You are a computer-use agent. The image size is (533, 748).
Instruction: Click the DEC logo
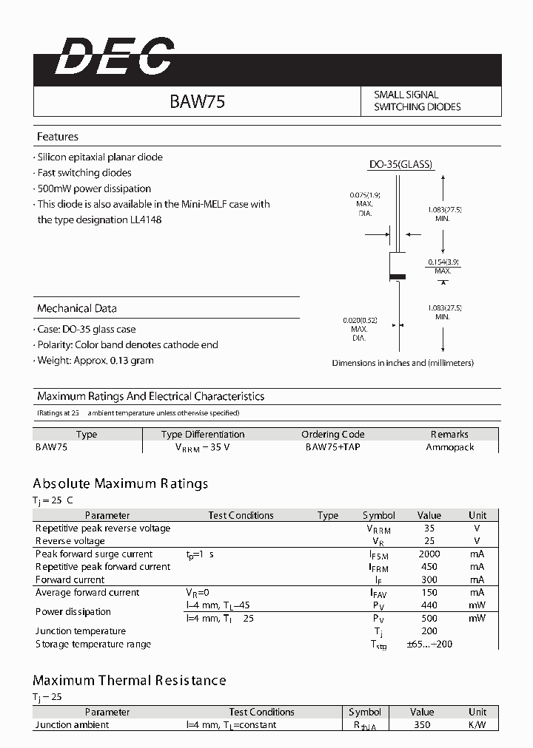coord(115,57)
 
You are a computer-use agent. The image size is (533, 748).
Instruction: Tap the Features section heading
coord(58,137)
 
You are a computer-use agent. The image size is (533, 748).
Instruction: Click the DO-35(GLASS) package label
coord(400,165)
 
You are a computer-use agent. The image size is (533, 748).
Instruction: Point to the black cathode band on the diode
coord(398,277)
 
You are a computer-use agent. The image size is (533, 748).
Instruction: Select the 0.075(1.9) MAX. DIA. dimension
coord(363,203)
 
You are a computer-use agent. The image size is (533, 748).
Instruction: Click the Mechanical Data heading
coord(77,308)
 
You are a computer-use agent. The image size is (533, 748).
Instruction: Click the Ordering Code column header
coord(332,434)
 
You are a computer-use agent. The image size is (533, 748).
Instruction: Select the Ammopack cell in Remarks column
coord(450,447)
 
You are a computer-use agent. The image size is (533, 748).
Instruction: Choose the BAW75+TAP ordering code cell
coord(332,447)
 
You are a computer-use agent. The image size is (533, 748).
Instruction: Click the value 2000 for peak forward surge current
coord(429,554)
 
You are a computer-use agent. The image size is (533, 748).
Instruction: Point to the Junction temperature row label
coord(81,630)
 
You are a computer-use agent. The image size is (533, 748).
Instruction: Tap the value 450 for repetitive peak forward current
coord(429,567)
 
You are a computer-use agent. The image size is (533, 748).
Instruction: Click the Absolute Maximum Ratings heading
coord(121,483)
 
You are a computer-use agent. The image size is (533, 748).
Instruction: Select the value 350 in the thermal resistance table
coord(421,724)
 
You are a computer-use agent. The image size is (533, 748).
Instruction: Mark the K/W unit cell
coord(477,724)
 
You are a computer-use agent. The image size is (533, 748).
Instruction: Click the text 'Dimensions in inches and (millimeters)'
coord(403,363)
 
